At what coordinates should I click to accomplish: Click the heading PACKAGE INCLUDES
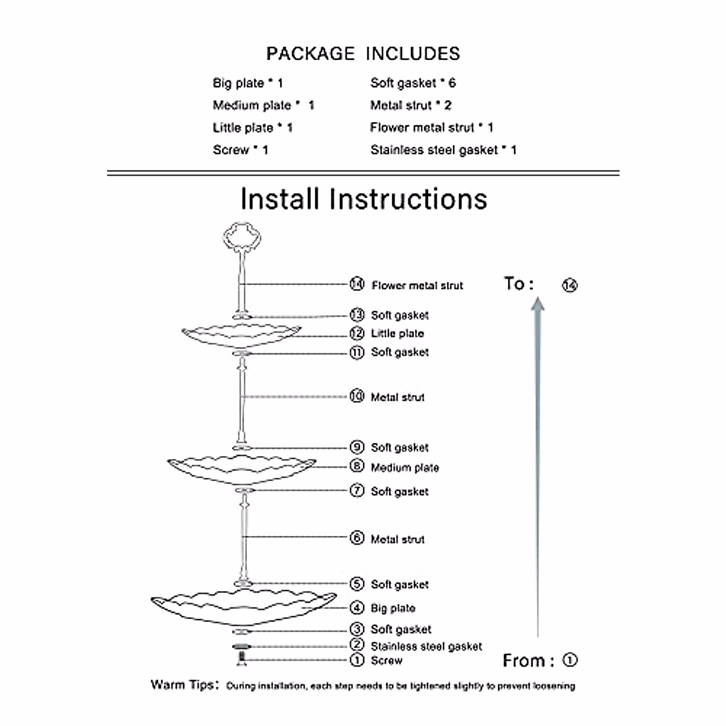point(363,54)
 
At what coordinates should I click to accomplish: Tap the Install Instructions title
point(364,199)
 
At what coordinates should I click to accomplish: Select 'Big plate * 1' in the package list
point(247,83)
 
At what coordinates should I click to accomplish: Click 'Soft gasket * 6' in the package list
point(413,83)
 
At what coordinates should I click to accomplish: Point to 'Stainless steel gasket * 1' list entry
point(443,150)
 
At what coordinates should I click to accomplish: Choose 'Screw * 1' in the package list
point(240,150)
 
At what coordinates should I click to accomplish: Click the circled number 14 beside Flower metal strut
point(357,284)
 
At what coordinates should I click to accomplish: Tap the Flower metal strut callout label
point(417,286)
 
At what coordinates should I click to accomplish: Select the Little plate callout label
point(397,333)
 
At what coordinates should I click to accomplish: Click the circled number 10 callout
point(357,396)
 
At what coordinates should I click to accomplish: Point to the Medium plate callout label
point(405,468)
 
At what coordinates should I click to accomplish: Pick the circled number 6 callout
point(357,538)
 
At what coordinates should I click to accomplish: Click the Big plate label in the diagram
point(393,608)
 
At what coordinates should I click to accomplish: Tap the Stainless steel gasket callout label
point(426,647)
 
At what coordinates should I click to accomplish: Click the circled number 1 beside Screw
point(357,660)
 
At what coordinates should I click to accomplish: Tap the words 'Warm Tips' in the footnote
point(182,685)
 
